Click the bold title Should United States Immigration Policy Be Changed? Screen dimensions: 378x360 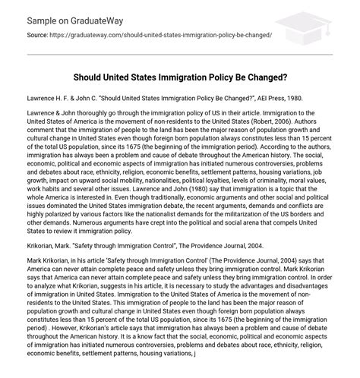(x=179, y=76)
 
